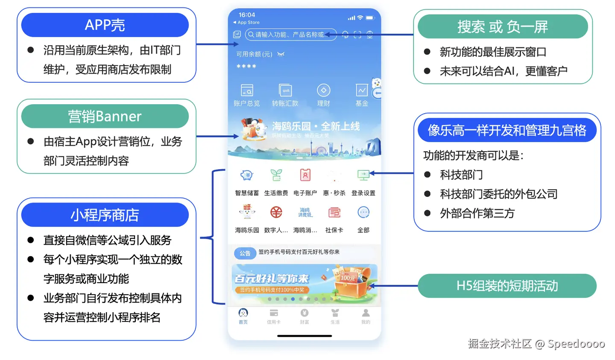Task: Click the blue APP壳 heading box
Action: point(105,25)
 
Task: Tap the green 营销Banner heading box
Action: point(105,116)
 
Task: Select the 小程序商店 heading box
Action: point(105,215)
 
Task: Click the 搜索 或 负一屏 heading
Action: point(502,26)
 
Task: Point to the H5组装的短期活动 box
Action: point(507,286)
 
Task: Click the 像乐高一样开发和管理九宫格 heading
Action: point(507,130)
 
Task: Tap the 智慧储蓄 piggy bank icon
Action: point(247,175)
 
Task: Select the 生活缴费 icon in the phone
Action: point(276,175)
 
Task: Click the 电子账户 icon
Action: point(305,175)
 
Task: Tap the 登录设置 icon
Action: point(363,175)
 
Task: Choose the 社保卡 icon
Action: point(334,212)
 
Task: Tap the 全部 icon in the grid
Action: point(363,212)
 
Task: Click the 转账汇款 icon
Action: point(285,91)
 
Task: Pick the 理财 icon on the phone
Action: point(323,91)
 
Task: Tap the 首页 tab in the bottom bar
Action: point(243,316)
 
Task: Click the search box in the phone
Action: point(290,35)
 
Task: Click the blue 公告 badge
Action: point(245,253)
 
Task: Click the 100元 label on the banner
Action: point(347,278)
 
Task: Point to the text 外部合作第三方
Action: point(477,213)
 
